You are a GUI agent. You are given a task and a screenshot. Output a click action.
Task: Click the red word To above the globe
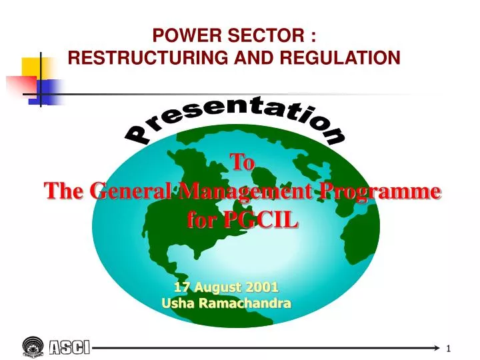[x=242, y=162]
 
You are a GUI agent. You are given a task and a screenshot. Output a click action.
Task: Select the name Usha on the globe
[x=176, y=303]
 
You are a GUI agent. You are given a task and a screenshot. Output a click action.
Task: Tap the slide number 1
[x=449, y=349]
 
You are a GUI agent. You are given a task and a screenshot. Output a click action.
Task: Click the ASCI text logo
[x=70, y=347]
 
